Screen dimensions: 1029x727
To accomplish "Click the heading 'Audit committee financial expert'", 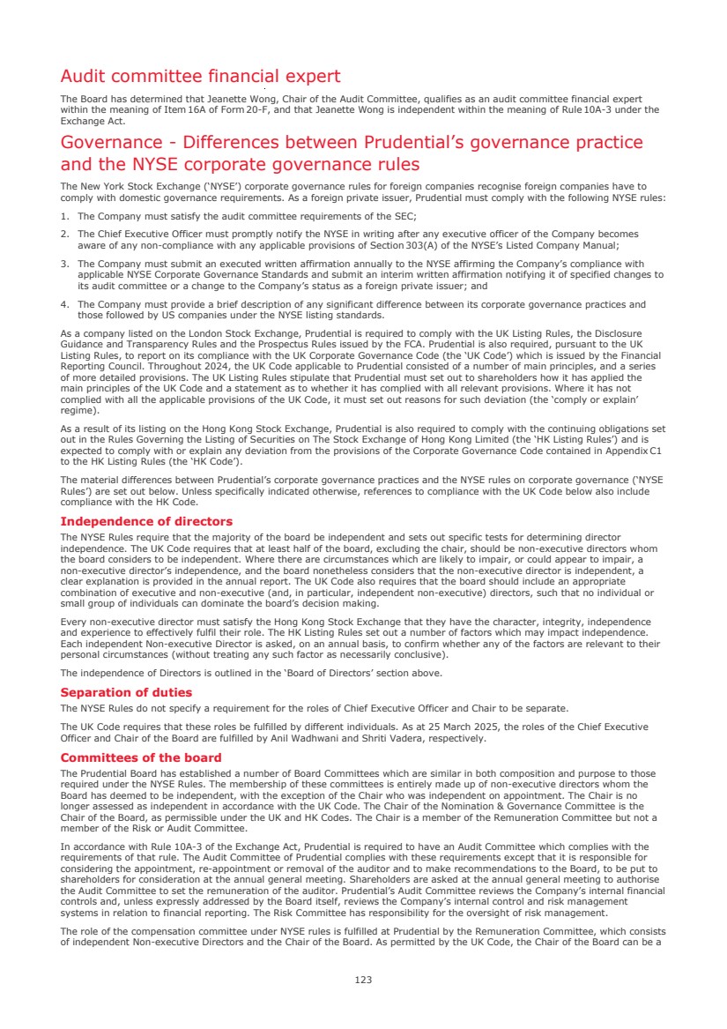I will [200, 77].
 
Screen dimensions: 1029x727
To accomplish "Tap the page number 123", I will [363, 980].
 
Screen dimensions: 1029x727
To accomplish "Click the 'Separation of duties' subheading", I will [126, 692].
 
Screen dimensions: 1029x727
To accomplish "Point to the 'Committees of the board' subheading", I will [141, 757].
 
